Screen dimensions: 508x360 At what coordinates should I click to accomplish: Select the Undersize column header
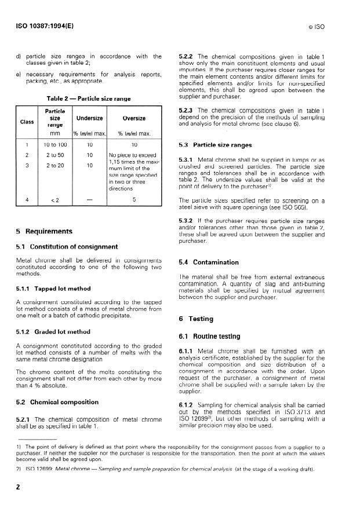[90, 118]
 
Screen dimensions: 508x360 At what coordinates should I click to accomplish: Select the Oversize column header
[134, 118]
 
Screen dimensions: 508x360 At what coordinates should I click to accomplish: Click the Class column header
[27, 122]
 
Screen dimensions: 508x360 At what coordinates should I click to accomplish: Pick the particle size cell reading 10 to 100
[56, 144]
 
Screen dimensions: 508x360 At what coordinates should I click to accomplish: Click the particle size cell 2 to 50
[56, 155]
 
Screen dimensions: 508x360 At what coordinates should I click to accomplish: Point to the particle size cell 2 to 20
[56, 166]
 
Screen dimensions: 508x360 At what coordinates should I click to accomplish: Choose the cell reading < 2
[56, 201]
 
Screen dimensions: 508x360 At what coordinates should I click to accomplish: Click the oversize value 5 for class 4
[134, 200]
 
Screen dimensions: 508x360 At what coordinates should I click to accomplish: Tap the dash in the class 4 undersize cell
[90, 200]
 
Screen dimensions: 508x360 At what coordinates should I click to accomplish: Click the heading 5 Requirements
[44, 232]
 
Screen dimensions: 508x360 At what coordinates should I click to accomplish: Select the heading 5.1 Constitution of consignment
[59, 247]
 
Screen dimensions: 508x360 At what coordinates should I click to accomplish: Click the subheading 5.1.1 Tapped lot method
[50, 288]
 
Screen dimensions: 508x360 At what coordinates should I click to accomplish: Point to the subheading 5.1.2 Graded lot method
[50, 332]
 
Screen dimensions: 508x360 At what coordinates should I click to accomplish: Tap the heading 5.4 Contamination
[208, 262]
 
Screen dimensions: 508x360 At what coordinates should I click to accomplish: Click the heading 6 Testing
[198, 319]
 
